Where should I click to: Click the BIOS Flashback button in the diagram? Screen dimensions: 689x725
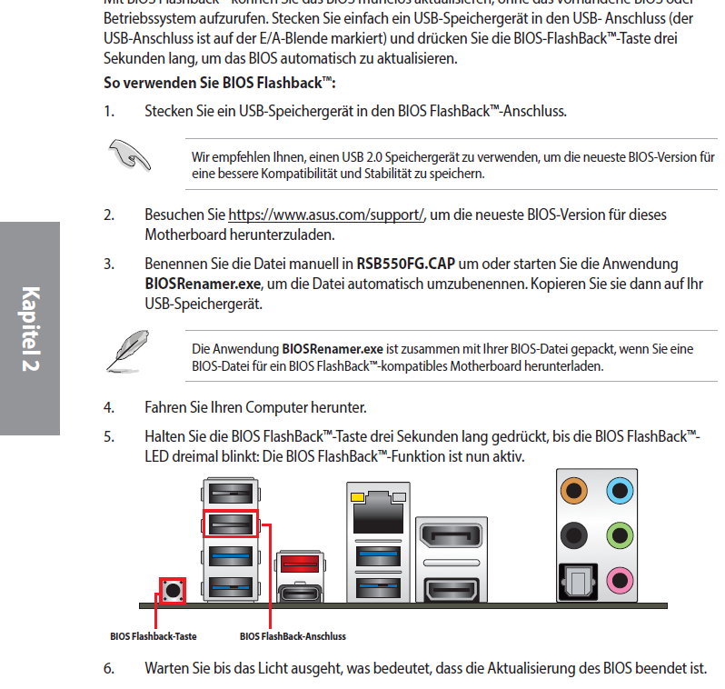[x=172, y=590]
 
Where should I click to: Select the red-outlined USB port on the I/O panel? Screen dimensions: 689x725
[x=230, y=524]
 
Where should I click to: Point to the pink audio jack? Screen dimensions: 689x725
[x=620, y=577]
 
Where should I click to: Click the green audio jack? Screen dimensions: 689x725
[x=620, y=534]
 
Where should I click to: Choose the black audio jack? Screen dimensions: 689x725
[x=573, y=534]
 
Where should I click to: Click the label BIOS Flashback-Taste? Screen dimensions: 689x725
[x=153, y=636]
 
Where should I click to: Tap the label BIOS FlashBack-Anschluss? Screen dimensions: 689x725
[x=293, y=636]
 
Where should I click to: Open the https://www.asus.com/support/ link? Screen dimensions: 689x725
[x=326, y=215]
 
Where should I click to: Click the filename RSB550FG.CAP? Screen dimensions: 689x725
[x=405, y=265]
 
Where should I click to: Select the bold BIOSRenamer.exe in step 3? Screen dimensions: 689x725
[x=203, y=285]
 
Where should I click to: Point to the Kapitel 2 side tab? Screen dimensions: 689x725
[x=29, y=328]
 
